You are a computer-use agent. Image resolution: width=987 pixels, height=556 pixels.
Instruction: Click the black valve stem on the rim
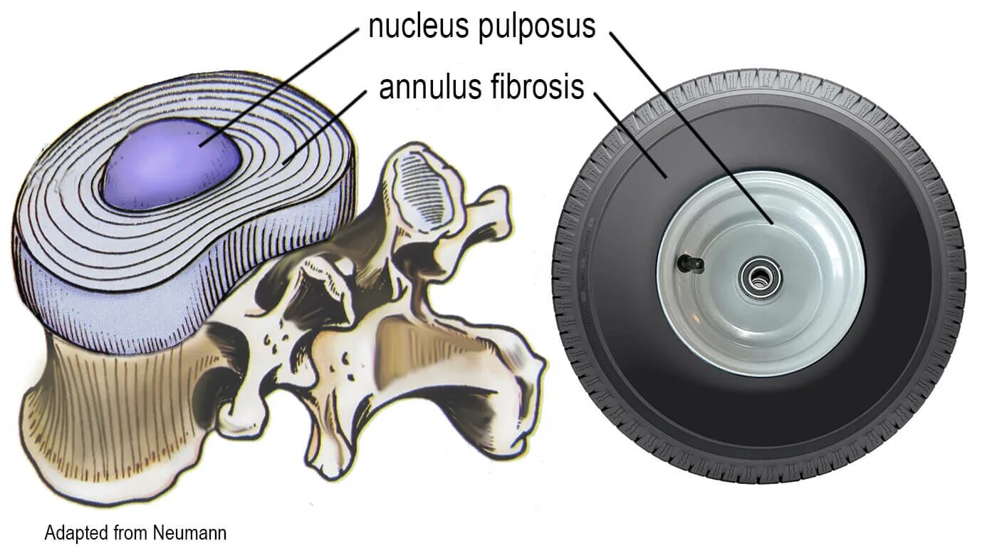pos(690,263)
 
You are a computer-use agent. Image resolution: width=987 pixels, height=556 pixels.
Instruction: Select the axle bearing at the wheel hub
pos(760,274)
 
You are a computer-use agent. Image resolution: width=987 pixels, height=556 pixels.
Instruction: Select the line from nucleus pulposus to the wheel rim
pos(691,128)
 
